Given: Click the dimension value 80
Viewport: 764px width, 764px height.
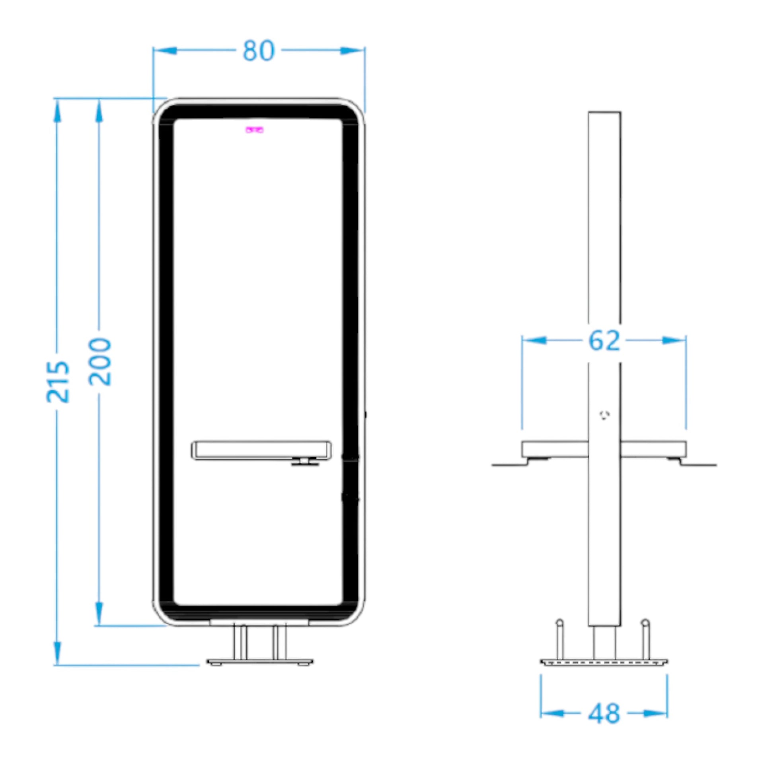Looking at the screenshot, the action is (x=259, y=51).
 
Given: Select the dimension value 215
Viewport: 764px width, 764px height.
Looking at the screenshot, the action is (x=58, y=382).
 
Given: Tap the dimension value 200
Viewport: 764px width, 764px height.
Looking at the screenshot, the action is (x=99, y=362).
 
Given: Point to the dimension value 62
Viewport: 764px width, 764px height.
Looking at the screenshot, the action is (x=604, y=341).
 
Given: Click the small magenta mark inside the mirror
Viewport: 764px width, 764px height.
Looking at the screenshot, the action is (x=254, y=130).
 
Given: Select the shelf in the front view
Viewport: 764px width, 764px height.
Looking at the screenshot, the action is (x=261, y=450).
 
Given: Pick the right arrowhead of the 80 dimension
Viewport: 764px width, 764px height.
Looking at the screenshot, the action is (x=353, y=51).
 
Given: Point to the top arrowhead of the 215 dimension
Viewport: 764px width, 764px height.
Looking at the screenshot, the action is (x=58, y=111).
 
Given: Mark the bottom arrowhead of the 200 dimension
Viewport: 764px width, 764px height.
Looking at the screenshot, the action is (x=99, y=614).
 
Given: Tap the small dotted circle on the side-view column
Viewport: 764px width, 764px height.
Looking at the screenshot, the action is (x=605, y=415).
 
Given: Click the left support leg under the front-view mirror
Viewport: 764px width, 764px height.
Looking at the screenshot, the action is (x=240, y=642).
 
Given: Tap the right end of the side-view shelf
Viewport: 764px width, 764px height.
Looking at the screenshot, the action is (x=686, y=449).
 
